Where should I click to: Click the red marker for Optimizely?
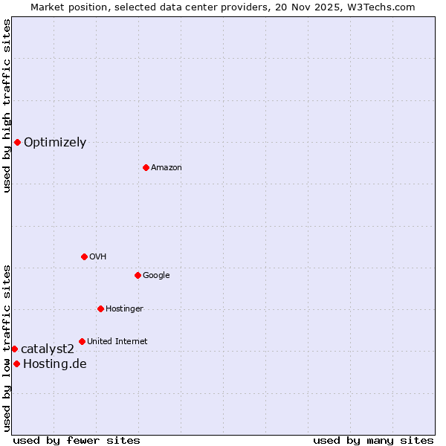[x=17, y=142]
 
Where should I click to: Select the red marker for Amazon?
[x=146, y=167]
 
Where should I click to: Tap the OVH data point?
[x=84, y=256]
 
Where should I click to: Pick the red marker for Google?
[x=138, y=275]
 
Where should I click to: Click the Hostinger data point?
[x=100, y=308]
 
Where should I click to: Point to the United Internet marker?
[x=82, y=341]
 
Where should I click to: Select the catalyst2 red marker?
[x=14, y=349]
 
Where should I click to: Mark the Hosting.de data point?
[x=16, y=363]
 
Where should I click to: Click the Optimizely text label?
[x=55, y=143]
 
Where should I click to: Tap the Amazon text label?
[x=167, y=168]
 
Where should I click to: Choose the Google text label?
[x=156, y=276]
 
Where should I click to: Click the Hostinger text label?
[x=124, y=309]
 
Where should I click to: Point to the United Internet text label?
[x=117, y=342]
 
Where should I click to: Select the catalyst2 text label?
[x=48, y=349]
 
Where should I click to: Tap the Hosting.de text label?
[x=55, y=364]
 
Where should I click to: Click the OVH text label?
[x=98, y=257]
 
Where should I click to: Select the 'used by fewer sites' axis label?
[x=77, y=440]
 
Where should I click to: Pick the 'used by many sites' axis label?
[x=373, y=440]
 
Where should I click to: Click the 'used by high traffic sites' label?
[x=7, y=106]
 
